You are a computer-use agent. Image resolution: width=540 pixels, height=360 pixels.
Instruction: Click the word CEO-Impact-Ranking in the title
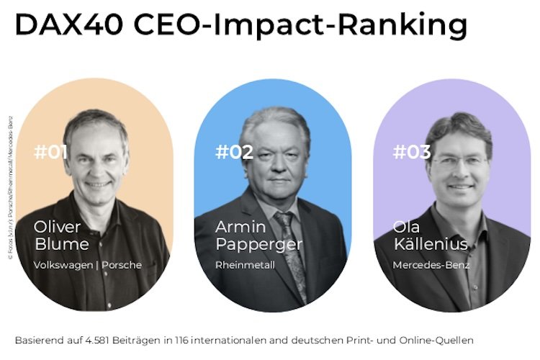(x=300, y=27)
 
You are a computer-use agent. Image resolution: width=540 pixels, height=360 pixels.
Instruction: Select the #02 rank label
(x=234, y=152)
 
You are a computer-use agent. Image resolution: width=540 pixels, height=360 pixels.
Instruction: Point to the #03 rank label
(x=412, y=152)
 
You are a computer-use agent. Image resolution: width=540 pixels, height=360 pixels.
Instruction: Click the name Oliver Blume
(x=61, y=235)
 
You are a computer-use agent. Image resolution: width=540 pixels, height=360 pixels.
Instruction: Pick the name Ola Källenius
(x=430, y=235)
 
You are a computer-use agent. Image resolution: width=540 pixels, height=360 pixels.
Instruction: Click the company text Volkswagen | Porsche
(x=88, y=265)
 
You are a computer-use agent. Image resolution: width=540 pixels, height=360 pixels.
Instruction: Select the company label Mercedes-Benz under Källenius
(x=431, y=265)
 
